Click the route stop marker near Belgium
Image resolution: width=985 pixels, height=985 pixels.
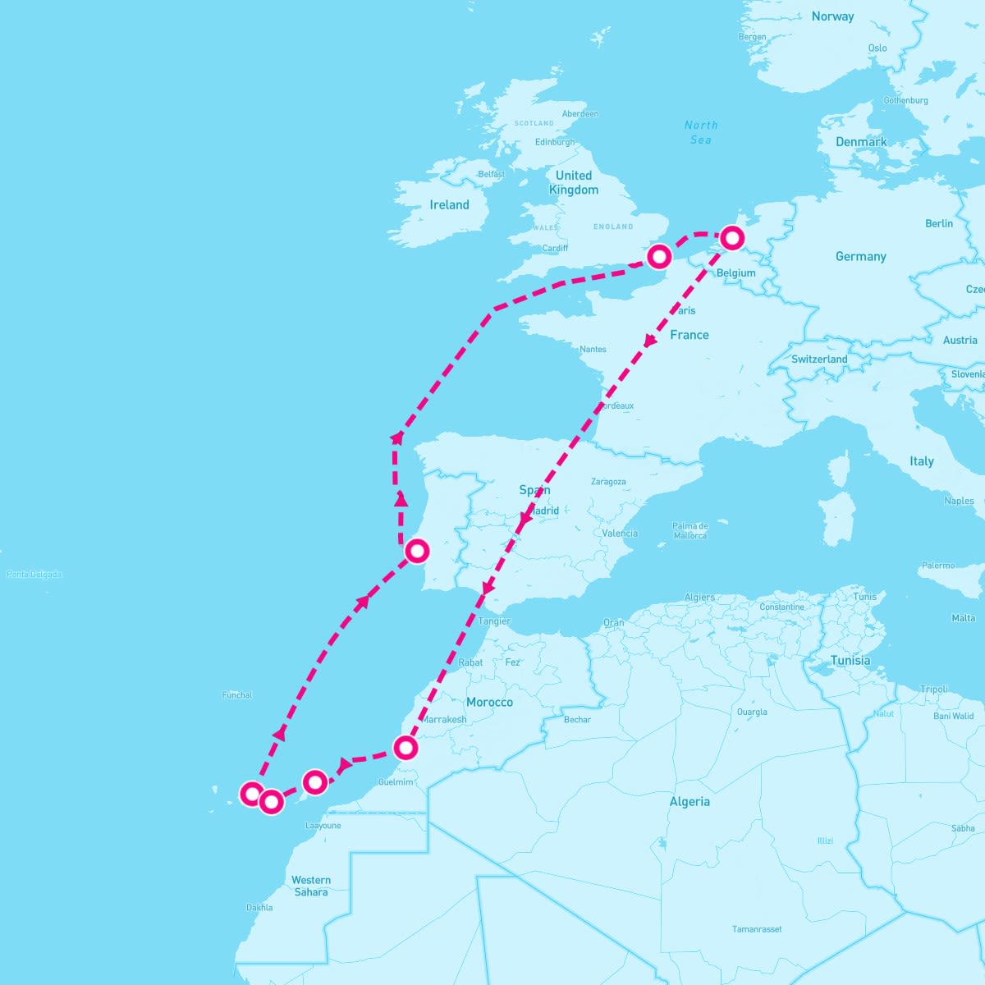click(732, 238)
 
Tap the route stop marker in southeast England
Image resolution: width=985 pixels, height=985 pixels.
click(659, 257)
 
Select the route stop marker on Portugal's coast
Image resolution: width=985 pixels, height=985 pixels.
click(417, 550)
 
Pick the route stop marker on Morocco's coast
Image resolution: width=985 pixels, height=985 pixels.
click(405, 748)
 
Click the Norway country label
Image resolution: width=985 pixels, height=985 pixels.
click(832, 16)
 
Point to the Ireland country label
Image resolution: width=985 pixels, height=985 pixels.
click(449, 205)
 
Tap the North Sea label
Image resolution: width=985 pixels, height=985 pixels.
click(701, 132)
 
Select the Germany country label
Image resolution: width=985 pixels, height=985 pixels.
click(860, 257)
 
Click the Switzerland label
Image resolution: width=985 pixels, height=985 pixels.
click(819, 360)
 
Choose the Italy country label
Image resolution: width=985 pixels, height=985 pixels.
click(921, 461)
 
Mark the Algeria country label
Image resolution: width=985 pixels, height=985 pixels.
click(689, 802)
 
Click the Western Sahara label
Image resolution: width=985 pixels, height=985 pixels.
click(311, 886)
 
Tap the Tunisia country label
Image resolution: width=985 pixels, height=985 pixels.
click(850, 661)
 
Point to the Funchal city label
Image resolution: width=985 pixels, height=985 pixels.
click(237, 695)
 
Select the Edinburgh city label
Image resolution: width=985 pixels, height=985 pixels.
click(555, 142)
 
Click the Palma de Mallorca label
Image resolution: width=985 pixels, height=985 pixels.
click(689, 530)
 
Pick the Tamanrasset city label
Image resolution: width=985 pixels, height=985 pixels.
click(757, 929)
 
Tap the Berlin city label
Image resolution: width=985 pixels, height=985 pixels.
click(939, 223)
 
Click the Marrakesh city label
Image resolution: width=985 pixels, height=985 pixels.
click(445, 720)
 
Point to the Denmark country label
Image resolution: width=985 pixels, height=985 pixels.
click(861, 142)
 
